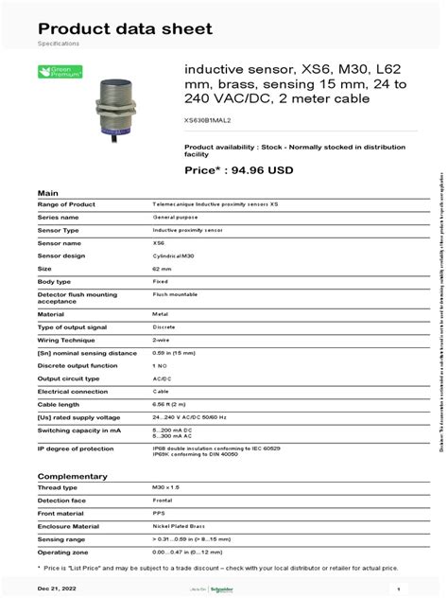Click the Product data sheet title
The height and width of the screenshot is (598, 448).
(x=125, y=28)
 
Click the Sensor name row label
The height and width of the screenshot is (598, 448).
(x=59, y=243)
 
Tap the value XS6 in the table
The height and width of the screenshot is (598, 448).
(x=158, y=243)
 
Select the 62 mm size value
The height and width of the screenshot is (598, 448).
(x=162, y=270)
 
